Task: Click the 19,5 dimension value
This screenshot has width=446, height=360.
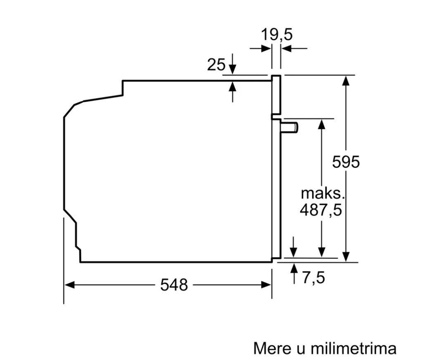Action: click(276, 35)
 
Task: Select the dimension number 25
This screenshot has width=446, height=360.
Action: click(216, 65)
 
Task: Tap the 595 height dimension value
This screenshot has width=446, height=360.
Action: click(346, 162)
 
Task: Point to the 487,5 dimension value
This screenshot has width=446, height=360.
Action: click(321, 210)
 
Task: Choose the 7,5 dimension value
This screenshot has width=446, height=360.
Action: click(313, 278)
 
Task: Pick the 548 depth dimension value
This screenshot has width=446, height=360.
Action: click(174, 285)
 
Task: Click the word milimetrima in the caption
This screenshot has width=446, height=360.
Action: click(353, 348)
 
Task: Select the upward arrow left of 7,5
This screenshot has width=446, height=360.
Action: click(294, 269)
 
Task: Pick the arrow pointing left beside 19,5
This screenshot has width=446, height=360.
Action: click(287, 48)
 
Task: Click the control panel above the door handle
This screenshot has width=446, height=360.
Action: click(276, 95)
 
